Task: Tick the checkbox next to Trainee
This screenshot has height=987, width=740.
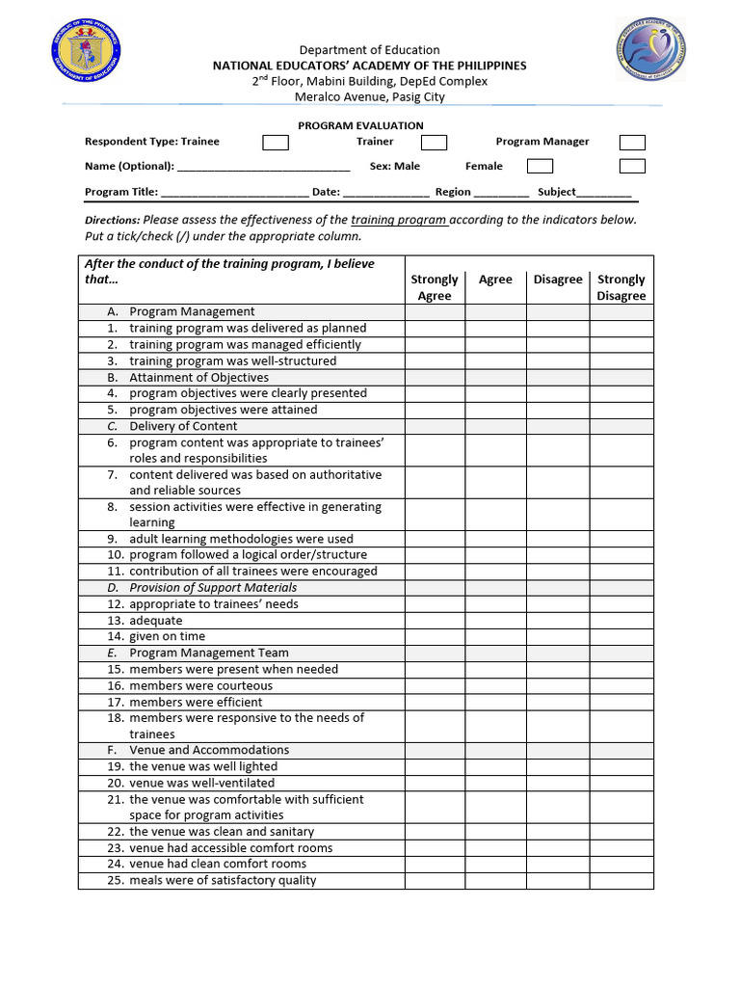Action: click(x=276, y=143)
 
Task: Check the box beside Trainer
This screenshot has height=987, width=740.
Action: click(x=435, y=143)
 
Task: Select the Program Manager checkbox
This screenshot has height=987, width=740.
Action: click(x=632, y=143)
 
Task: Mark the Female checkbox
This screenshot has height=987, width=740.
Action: click(x=540, y=167)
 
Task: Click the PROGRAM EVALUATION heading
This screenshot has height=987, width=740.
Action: click(x=360, y=125)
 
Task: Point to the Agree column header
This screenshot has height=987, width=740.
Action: click(x=495, y=280)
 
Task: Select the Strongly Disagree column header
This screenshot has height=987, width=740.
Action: click(x=621, y=287)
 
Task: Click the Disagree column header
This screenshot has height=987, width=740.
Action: click(x=558, y=280)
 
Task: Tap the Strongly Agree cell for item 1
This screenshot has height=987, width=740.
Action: click(x=435, y=329)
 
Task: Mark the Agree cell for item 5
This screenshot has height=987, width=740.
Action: click(x=495, y=410)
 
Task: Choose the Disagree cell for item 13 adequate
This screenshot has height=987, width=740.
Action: click(x=558, y=621)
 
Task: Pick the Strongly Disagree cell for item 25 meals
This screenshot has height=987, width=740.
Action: click(x=621, y=880)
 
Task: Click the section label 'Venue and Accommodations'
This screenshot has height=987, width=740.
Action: click(x=209, y=750)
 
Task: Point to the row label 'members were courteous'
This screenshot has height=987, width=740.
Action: click(x=200, y=685)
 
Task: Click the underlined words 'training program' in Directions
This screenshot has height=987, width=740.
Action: click(x=398, y=220)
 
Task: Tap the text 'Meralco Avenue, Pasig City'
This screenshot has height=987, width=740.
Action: click(x=369, y=96)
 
